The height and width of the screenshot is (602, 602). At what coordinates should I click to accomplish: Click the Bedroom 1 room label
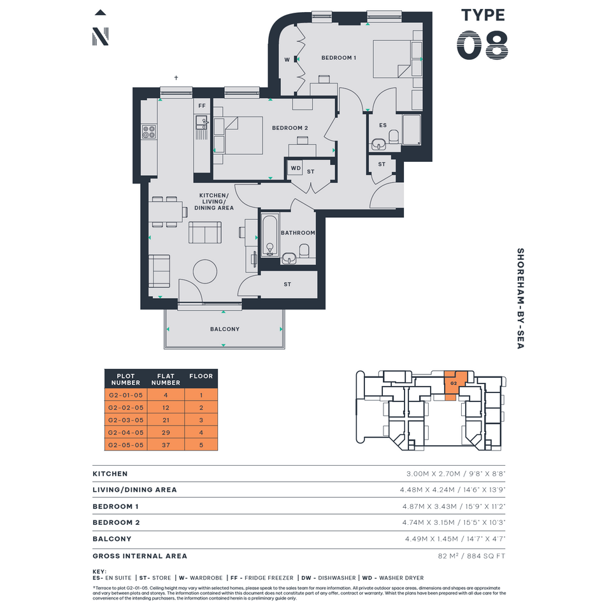click(339, 57)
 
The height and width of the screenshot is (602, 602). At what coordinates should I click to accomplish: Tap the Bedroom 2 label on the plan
click(290, 128)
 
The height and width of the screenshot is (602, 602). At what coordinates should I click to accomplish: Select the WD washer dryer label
click(296, 168)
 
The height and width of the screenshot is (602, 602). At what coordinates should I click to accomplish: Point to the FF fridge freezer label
click(202, 106)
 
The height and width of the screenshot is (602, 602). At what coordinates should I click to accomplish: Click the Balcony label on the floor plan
click(225, 329)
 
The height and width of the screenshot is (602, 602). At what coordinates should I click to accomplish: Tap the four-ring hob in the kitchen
click(149, 132)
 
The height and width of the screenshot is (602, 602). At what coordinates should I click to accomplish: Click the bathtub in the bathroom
click(270, 235)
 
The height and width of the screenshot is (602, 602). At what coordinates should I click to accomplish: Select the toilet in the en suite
click(394, 136)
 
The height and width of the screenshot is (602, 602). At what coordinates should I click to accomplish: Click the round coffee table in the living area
click(204, 271)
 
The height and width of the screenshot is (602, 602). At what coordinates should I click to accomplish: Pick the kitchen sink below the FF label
click(202, 123)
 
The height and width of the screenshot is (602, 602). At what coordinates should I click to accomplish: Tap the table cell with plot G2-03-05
click(126, 420)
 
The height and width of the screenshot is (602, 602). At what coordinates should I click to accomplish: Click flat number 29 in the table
click(166, 433)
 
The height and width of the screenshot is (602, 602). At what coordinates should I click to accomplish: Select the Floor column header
click(201, 376)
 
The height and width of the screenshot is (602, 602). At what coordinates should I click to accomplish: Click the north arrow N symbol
click(100, 36)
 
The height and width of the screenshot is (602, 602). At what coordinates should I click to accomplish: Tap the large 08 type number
click(483, 45)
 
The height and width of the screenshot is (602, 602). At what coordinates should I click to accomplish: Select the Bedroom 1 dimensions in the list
click(454, 506)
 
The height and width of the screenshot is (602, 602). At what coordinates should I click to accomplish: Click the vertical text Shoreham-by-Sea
click(520, 298)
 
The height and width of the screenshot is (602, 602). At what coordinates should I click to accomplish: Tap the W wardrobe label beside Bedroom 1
click(287, 59)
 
